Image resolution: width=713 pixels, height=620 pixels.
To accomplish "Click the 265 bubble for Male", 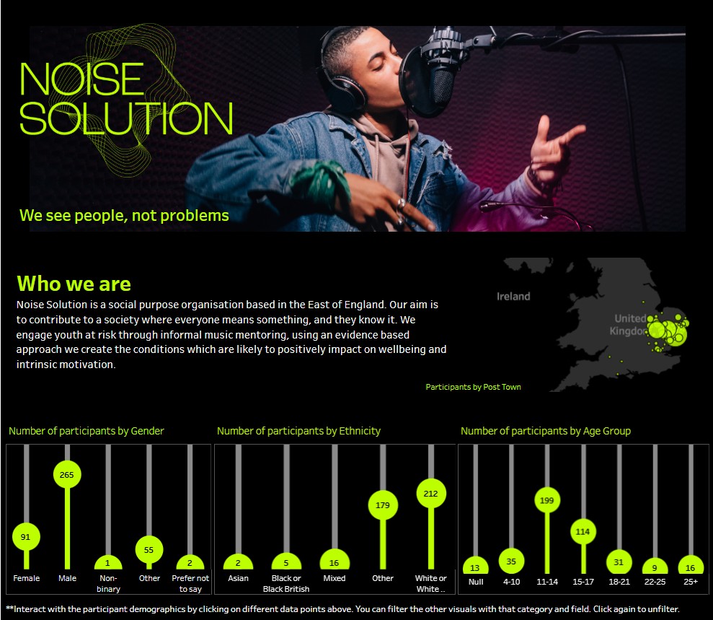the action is [67, 475].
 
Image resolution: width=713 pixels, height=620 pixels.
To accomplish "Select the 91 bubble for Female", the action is [26, 537].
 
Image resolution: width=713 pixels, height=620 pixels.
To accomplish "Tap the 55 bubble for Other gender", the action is [149, 550].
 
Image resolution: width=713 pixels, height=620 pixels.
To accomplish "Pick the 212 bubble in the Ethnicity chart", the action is [430, 494].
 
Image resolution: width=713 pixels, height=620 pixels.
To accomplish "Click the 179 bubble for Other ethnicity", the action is [382, 505].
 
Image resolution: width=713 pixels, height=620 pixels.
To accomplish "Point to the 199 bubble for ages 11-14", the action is [546, 501].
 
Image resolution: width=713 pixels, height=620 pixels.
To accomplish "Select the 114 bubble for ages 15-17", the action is [583, 532].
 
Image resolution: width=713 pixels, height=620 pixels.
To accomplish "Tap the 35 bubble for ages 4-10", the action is [511, 562].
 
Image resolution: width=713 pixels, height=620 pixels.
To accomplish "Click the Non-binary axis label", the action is [108, 584].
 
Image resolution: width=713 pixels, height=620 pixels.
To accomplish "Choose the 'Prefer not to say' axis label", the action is [190, 584].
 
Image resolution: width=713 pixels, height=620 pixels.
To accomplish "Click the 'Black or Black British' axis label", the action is [286, 584].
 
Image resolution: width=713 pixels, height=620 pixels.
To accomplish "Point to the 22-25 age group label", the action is [655, 582].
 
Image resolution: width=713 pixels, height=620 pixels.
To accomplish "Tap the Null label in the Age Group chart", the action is [476, 582].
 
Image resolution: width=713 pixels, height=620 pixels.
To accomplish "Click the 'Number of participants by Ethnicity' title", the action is [298, 431].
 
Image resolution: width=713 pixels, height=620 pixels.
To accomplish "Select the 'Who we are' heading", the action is [74, 284].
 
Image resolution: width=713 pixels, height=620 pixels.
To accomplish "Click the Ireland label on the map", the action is [513, 297].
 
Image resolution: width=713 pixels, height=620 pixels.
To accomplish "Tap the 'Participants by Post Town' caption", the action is [474, 387].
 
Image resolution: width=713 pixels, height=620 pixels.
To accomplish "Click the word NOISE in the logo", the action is [82, 79].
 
